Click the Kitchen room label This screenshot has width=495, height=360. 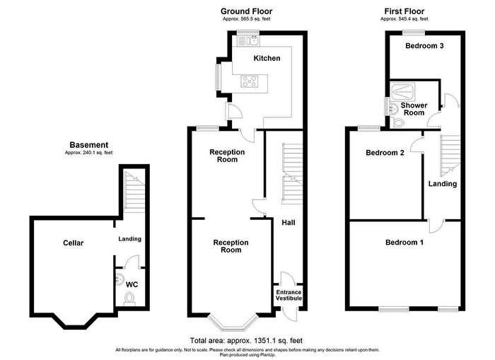pos(267,58)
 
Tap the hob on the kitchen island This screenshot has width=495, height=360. pos(250,80)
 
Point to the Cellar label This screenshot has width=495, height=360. pos(72,243)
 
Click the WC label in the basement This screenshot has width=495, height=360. pos(131,284)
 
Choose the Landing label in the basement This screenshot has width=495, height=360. pos(129,238)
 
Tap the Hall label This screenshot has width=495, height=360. pos(288,223)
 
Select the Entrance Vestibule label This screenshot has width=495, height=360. pos(289,295)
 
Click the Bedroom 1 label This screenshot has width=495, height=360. pos(404,243)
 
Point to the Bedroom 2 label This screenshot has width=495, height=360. pos(385,153)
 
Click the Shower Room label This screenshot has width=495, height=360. pos(413,109)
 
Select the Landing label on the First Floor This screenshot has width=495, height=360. pos(442,184)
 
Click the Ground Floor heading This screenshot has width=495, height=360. pos(246,11)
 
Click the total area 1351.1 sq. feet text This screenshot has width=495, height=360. pos(246,340)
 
